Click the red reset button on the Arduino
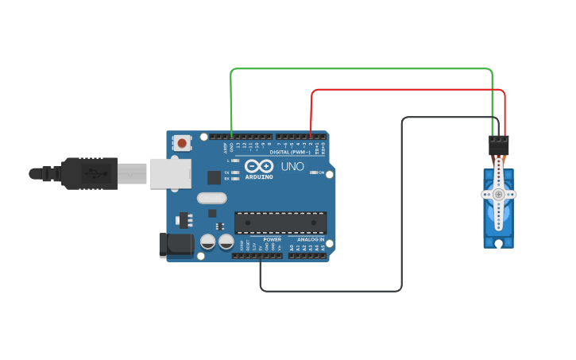pyautogui.click(x=182, y=144)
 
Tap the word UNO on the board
pyautogui.click(x=292, y=166)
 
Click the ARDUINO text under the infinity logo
pyautogui.click(x=259, y=176)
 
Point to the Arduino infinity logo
pyautogui.click(x=259, y=166)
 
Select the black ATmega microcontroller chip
pyautogui.click(x=280, y=223)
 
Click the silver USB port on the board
pyautogui.click(x=170, y=172)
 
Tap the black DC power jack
pyautogui.click(x=176, y=244)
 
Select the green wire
pyautogui.click(x=358, y=69)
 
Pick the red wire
pyautogui.click(x=405, y=90)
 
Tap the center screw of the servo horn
pyautogui.click(x=498, y=194)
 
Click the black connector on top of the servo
pyautogui.click(x=499, y=145)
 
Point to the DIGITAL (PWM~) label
pyautogui.click(x=290, y=152)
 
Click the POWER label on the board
pyautogui.click(x=272, y=239)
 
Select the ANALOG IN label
pyautogui.click(x=311, y=239)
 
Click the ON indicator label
pyautogui.click(x=321, y=172)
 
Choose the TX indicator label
pyautogui.click(x=226, y=172)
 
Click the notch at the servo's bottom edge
pyautogui.click(x=498, y=245)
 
